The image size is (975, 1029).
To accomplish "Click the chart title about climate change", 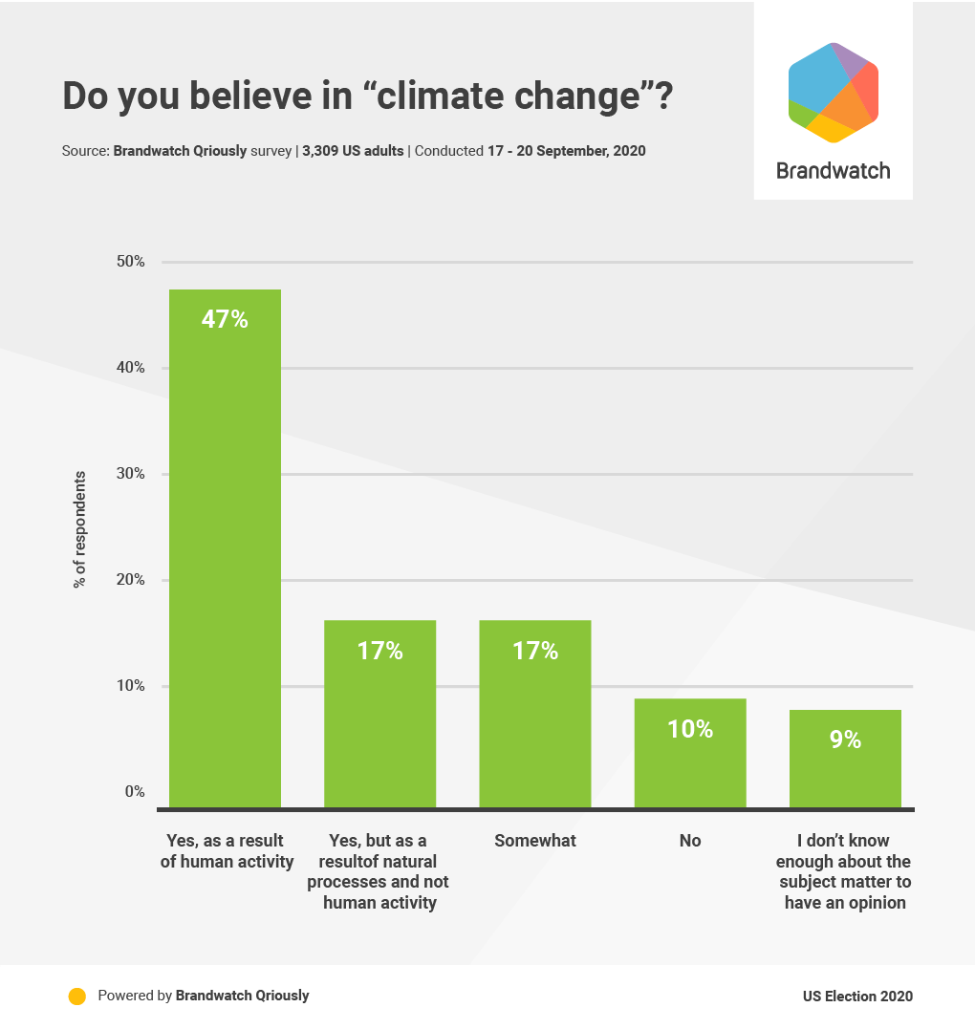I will click(367, 97).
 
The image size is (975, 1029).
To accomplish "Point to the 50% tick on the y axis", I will click(130, 262).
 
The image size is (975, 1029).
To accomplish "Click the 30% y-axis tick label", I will click(130, 474).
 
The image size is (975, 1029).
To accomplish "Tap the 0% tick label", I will click(133, 792).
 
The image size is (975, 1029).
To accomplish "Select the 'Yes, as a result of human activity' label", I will click(227, 851).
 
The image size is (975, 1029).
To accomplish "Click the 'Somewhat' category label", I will click(535, 841).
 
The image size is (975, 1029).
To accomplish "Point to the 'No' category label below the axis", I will click(690, 841).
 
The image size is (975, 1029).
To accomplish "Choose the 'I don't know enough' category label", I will click(845, 871).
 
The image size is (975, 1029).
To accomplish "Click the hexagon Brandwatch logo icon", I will click(833, 93).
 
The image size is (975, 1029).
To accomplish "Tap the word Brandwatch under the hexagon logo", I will click(833, 171).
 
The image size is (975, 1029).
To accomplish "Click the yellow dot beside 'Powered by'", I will click(77, 996).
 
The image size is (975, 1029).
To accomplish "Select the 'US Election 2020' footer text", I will click(857, 997).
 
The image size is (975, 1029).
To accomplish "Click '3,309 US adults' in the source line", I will click(353, 151).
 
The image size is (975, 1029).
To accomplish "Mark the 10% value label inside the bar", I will click(690, 729).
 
